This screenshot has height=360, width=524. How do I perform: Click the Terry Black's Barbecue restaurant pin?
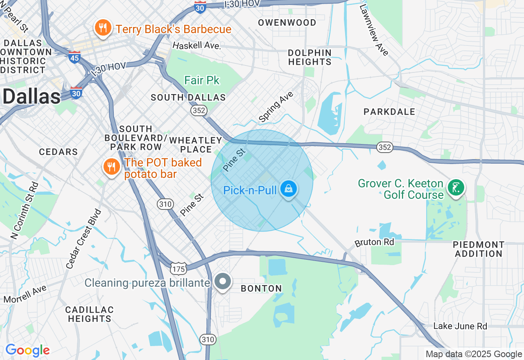coord(102,28)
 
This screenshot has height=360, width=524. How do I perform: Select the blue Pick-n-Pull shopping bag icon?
coord(289,189)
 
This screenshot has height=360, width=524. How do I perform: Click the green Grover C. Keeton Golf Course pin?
coord(456,188)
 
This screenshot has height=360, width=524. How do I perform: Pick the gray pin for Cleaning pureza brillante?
coord(223,281)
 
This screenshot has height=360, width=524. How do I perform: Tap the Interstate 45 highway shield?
coord(74,58)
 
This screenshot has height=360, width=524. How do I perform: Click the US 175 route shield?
coord(178,269)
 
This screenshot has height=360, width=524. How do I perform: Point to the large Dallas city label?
coord(31,97)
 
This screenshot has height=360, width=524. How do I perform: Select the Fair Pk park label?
coord(202,80)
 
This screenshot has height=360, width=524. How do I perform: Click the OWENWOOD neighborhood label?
coord(287,22)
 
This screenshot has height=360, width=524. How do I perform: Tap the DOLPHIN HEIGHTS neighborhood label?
coord(309,57)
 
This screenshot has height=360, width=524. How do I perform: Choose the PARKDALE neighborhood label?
coord(389,112)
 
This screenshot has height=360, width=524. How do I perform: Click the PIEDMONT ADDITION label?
coord(479,249)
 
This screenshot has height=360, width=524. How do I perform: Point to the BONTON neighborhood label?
coord(261,288)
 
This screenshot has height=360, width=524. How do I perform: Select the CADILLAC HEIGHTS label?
coord(90,314)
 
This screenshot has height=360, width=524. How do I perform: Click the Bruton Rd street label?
coord(374,242)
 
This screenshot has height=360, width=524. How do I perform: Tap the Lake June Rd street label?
coord(460,326)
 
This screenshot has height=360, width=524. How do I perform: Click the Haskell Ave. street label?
coord(196,45)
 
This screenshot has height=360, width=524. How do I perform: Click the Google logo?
coord(27,351)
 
